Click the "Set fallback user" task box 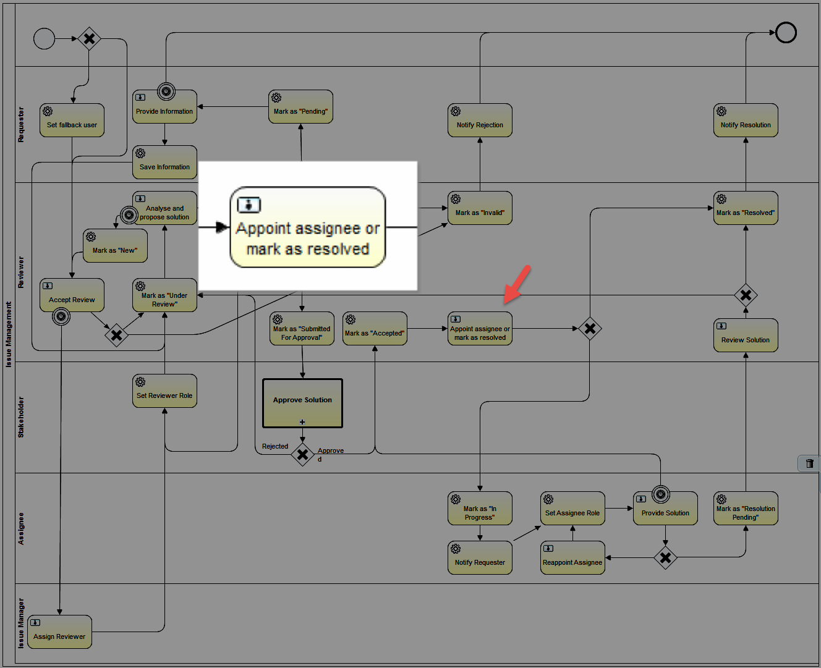tap(72, 120)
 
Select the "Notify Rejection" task tap(480, 120)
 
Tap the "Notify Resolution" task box tap(746, 120)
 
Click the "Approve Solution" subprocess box tap(302, 403)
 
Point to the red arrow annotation tap(517, 284)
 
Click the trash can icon tap(809, 463)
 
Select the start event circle tap(45, 38)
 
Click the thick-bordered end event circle tap(786, 32)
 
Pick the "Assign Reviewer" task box tap(59, 632)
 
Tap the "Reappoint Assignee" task tap(572, 557)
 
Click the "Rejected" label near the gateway tap(275, 446)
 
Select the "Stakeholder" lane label tap(21, 417)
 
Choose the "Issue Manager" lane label tap(21, 623)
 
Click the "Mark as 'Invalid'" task tap(480, 208)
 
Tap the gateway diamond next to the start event tap(89, 38)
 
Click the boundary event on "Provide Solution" tap(661, 494)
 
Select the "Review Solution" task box tap(746, 335)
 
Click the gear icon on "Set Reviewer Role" tap(140, 382)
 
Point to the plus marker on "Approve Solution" tap(302, 422)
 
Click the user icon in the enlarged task tap(249, 205)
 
